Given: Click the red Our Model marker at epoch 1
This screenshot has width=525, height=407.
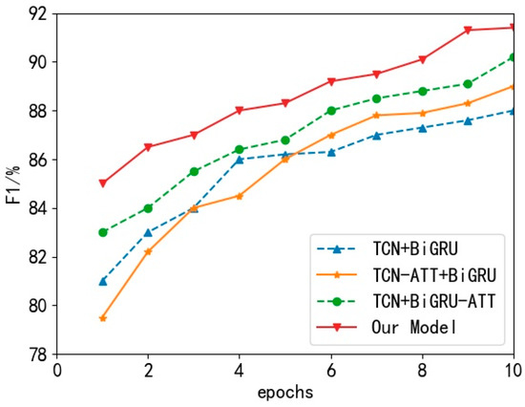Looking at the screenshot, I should (x=103, y=183).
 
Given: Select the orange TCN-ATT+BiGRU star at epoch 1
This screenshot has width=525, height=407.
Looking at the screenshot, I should (x=103, y=317).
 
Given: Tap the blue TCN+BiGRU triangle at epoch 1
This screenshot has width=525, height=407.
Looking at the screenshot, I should (x=103, y=281).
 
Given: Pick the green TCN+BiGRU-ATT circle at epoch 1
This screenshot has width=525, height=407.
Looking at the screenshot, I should (x=103, y=232).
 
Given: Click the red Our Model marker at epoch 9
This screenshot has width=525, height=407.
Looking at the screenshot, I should (x=468, y=30).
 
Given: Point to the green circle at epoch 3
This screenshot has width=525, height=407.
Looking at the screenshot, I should (x=194, y=171).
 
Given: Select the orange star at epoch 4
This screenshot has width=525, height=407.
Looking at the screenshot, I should (x=240, y=196).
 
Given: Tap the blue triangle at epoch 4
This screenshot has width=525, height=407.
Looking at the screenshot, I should (x=240, y=160).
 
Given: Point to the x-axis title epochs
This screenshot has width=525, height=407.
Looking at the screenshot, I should (x=285, y=393).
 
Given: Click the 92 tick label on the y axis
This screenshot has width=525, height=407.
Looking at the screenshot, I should (x=39, y=13).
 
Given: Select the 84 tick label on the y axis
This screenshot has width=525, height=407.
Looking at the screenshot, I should (x=39, y=208).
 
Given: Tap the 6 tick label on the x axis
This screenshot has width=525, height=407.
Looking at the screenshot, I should (x=331, y=370).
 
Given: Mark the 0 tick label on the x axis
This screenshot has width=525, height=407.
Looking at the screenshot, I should (x=57, y=370).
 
